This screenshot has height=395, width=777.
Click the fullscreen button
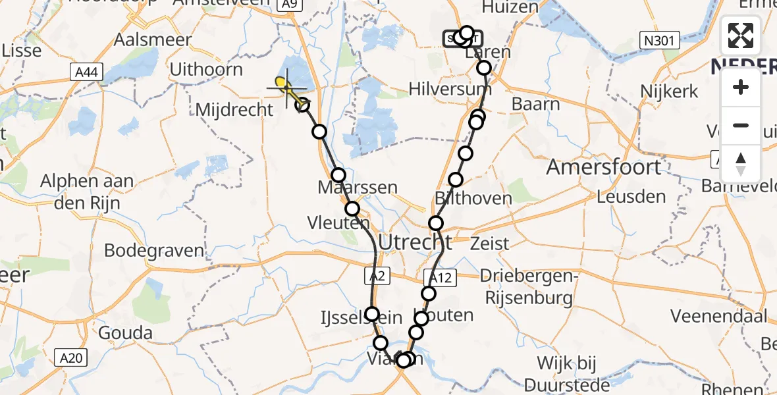741,36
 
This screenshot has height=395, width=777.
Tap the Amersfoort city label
603,167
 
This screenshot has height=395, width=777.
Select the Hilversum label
450,89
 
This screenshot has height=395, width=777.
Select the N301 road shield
659,41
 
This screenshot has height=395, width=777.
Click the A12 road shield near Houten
440,277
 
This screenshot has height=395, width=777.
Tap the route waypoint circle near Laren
484,68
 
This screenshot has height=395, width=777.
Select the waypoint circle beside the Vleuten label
352,209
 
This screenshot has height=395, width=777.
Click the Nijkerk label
670,91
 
